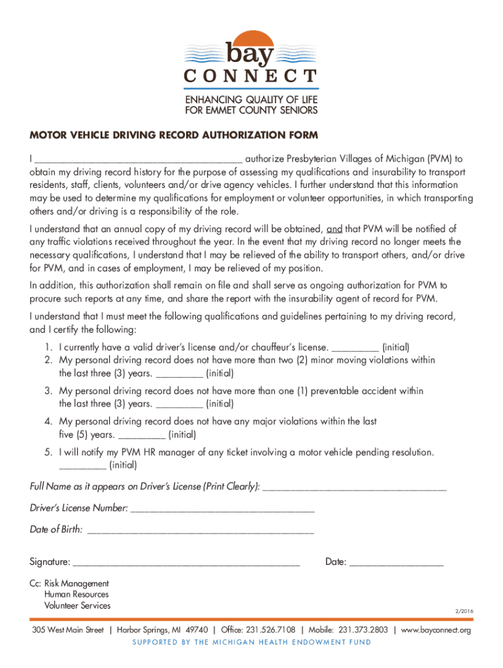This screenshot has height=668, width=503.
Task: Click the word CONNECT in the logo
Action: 251,76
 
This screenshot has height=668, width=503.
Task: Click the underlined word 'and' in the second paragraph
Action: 334,229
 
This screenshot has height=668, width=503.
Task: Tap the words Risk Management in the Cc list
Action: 76,583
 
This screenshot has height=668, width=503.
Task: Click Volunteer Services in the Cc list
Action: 77,605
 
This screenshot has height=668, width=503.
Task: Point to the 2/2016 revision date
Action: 462,611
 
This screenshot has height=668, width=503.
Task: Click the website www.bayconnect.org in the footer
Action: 436,630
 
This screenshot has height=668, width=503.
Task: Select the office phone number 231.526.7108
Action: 272,630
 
